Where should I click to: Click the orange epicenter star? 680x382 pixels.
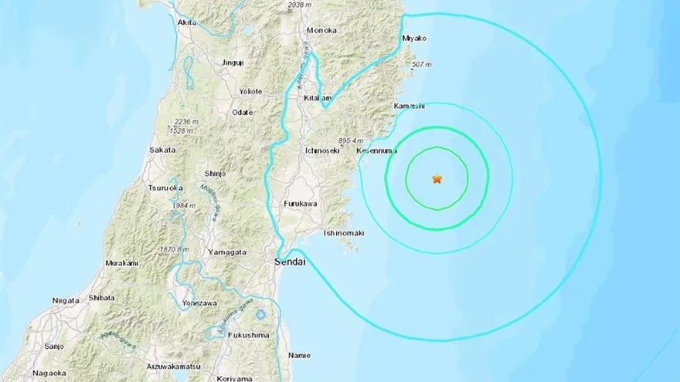(x=437, y=179)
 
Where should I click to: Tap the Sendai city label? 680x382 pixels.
(x=291, y=263)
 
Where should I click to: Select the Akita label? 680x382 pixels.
(x=186, y=23)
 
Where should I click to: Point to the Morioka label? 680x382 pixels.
(x=321, y=30)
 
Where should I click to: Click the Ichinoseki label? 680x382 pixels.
(x=322, y=150)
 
